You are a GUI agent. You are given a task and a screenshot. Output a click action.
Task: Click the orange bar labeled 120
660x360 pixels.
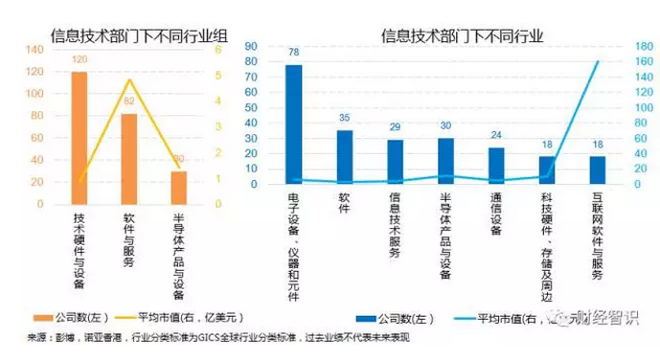tap(79, 138)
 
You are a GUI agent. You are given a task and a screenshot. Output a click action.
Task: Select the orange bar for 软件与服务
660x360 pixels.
tap(128, 159)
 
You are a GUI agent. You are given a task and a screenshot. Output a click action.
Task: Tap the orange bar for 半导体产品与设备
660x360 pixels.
tap(178, 188)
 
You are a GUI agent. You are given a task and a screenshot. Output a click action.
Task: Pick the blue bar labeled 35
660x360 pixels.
tap(345, 157)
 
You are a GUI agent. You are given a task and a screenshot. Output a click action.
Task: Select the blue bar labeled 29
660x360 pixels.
tap(395, 162)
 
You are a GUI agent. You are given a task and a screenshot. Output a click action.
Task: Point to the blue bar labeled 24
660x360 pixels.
tap(496, 166)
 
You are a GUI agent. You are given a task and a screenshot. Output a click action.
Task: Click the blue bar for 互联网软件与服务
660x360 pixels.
tap(598, 169)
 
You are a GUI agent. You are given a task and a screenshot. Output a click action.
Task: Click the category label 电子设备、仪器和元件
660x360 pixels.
tap(293, 245)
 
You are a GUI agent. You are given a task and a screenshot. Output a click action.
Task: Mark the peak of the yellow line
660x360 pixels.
tap(129, 79)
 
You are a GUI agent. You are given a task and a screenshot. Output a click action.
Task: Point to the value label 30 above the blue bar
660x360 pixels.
tap(445, 125)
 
